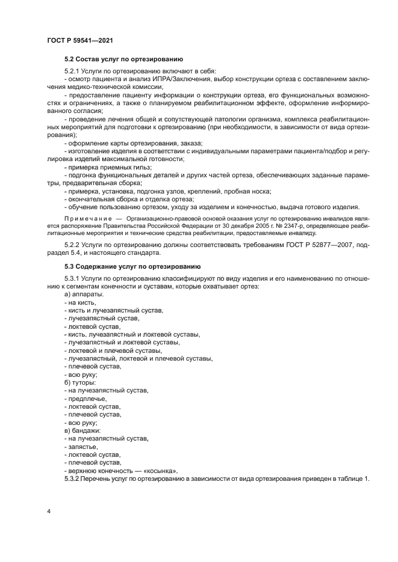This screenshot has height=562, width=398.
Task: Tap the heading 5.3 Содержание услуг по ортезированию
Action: coord(132,266)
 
